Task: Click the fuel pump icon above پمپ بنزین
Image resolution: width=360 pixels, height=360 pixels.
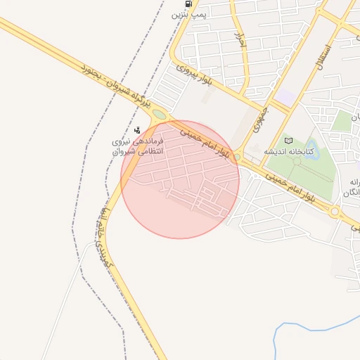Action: (x=186, y=4)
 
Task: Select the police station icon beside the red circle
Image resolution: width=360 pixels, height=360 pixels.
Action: (x=137, y=129)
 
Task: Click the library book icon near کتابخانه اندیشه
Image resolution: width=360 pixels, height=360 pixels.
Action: (x=288, y=141)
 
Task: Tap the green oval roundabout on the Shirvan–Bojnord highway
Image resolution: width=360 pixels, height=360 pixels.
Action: (x=160, y=113)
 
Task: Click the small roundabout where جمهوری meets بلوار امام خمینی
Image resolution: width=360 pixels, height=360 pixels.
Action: (x=238, y=156)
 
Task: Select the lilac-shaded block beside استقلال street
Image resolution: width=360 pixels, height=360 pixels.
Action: (x=286, y=95)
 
